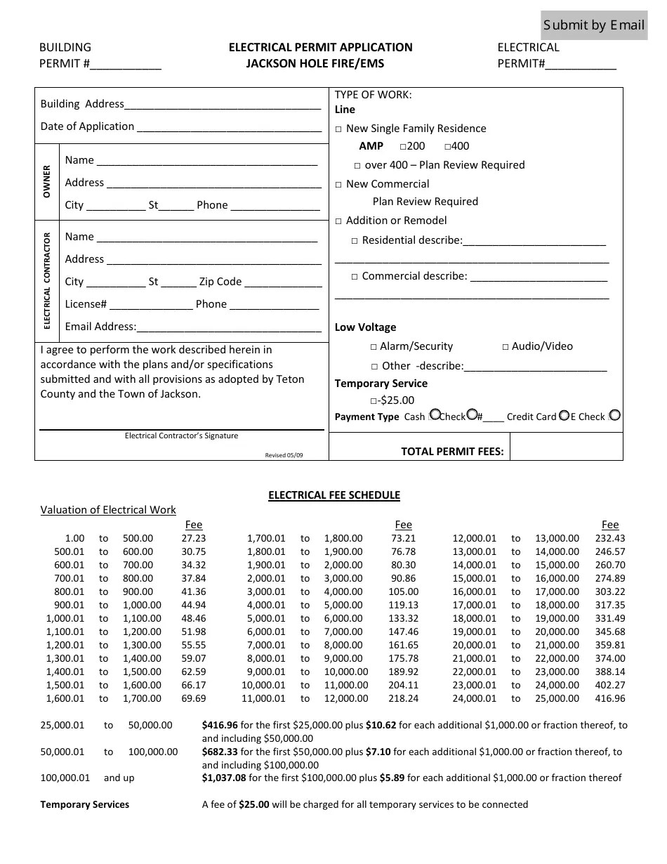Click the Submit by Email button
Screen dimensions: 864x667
594,26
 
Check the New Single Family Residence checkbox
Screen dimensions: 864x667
338,129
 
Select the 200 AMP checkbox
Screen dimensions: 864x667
403,147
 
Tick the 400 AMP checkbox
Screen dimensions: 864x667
448,147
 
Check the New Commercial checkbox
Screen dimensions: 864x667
338,185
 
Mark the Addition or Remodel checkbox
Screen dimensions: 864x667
338,221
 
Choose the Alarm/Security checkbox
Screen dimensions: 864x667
374,347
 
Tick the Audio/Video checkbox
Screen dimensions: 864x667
506,347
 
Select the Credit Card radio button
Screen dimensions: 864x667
564,415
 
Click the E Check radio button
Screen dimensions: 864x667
615,415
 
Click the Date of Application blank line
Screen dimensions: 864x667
229,128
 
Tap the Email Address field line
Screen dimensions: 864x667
229,327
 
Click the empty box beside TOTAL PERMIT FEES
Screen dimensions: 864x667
566,447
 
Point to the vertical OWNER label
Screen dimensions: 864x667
47,182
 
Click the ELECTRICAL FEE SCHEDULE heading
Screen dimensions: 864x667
334,495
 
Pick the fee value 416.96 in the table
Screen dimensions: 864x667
609,699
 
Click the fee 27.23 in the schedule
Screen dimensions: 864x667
193,539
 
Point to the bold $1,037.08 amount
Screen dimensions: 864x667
223,778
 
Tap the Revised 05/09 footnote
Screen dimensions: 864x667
284,455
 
